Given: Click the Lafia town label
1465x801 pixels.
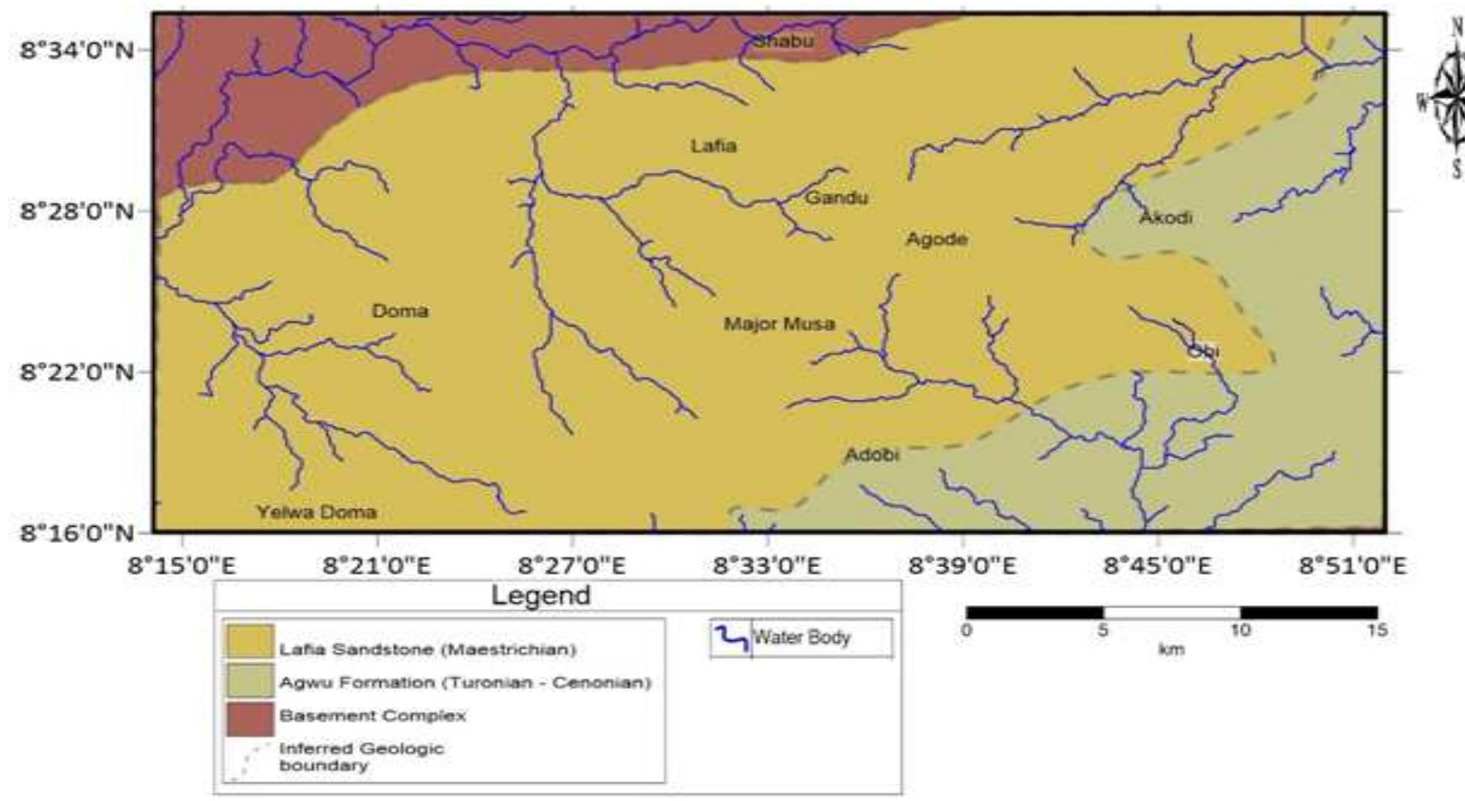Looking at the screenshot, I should [x=713, y=146].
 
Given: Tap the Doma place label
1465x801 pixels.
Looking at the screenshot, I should [x=399, y=311].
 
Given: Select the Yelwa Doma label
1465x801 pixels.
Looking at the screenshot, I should [x=316, y=512].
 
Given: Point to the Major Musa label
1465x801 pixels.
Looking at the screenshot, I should [x=780, y=324].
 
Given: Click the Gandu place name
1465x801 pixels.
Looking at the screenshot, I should [x=836, y=198].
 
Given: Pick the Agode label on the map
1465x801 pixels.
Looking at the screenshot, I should [x=936, y=239].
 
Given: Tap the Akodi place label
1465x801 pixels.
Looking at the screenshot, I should [x=1166, y=218].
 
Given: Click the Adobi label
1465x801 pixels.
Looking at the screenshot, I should [x=871, y=455].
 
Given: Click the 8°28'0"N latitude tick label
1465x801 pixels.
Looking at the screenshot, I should [x=77, y=210].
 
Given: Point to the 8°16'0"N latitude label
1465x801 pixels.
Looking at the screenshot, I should [x=77, y=533].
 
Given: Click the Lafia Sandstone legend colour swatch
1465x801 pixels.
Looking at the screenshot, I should [x=250, y=642].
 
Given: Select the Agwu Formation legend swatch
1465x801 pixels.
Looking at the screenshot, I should [x=250, y=681].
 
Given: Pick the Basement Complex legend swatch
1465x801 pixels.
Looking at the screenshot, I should [x=250, y=718].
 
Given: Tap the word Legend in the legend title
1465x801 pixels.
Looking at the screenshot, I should [x=541, y=596].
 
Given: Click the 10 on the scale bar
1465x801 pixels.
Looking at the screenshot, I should [x=1240, y=630].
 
